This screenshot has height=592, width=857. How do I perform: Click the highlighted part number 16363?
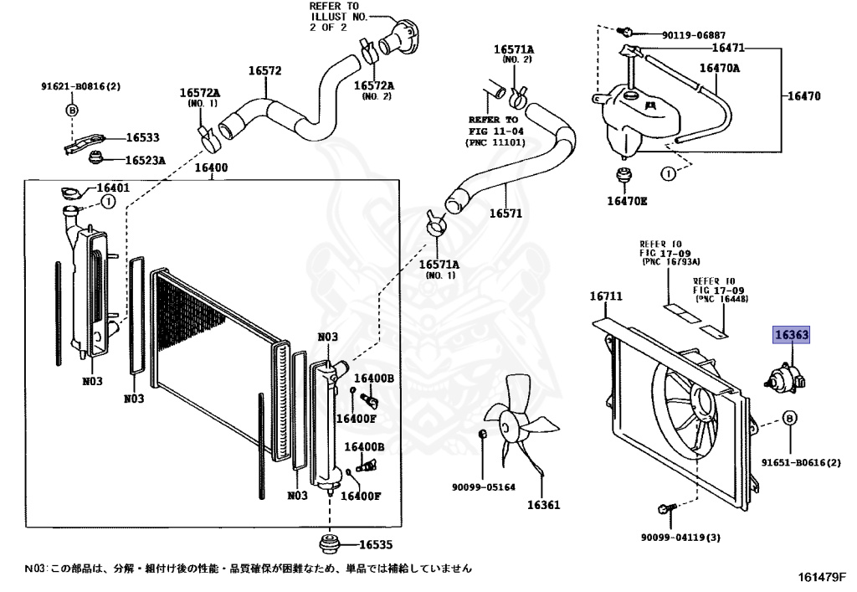pos(791,335)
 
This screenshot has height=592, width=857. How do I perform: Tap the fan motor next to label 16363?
pos(784,377)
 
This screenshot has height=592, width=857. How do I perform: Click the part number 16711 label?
pos(606,296)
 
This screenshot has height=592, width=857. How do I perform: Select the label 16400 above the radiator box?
pos(211,167)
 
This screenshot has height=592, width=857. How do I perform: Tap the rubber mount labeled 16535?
pos(329,544)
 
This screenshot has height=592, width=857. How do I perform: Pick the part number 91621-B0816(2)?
pos(81,85)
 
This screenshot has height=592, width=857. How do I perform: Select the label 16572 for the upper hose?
pos(265,70)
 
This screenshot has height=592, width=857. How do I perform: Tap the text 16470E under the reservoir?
pos(627,201)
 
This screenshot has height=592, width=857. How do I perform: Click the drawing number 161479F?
pos(822,577)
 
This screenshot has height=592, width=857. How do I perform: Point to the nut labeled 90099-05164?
pos(483,434)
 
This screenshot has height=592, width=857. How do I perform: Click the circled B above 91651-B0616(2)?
pos(790,418)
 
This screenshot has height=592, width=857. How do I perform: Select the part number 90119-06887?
pos(694,35)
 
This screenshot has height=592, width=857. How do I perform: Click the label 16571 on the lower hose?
pos(505,214)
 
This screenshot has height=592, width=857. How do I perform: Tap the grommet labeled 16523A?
pos(95,158)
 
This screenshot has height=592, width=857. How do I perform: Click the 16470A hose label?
pos(719,68)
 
